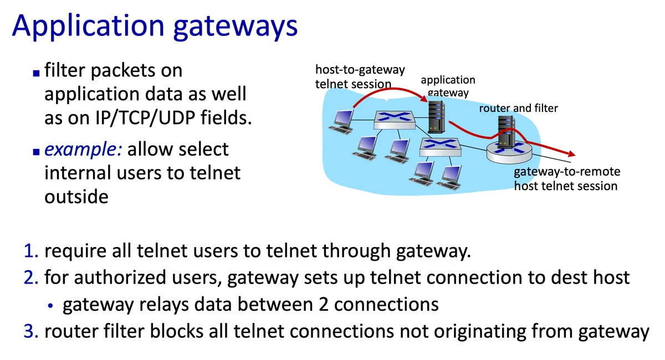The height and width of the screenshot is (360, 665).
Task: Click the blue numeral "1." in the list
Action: coord(31,253)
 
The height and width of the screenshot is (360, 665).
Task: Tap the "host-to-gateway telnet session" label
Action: coord(360,77)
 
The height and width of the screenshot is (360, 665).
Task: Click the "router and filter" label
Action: coord(518,108)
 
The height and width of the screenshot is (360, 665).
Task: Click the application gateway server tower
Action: coord(437,116)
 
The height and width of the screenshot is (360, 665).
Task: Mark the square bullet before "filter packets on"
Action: coord(36,73)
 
